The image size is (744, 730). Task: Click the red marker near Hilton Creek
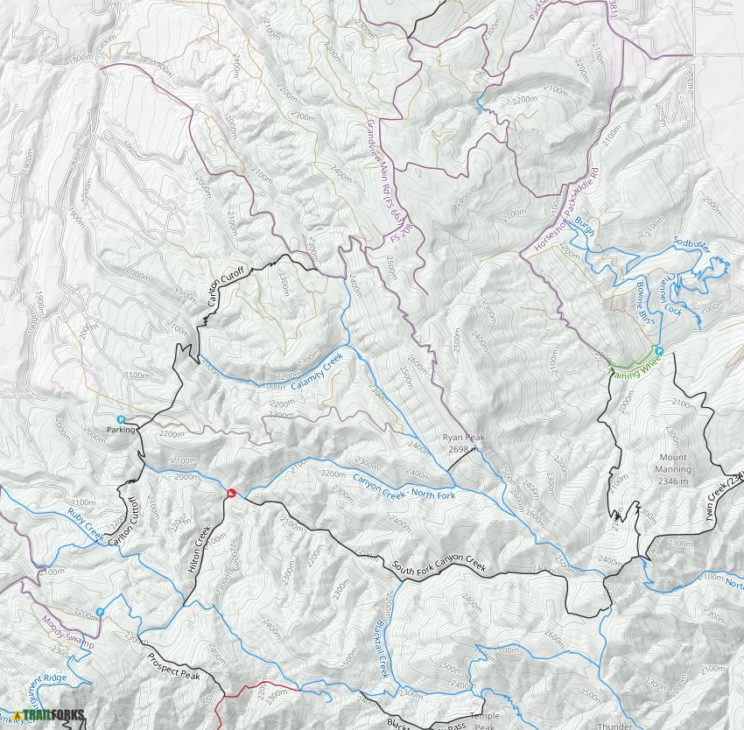tap(231, 494)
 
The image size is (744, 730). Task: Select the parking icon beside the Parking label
tap(121, 419)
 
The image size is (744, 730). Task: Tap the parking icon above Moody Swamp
tap(101, 612)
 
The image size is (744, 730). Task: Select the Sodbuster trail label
tap(691, 245)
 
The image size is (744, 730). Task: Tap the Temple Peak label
tap(485, 720)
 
